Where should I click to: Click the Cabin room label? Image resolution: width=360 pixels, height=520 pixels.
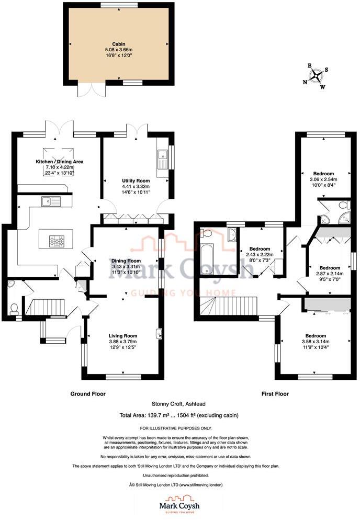[116, 44]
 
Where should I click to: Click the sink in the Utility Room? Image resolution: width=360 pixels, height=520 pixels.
[163, 154]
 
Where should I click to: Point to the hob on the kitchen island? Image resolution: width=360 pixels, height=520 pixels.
[57, 241]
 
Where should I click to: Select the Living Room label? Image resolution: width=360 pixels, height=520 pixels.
[123, 336]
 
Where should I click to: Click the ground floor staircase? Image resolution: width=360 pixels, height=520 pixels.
[44, 307]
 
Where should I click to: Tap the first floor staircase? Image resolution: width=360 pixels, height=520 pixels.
[230, 305]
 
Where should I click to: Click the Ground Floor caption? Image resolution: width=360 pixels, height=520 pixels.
[88, 393]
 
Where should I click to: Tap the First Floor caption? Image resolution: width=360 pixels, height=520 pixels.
[275, 393]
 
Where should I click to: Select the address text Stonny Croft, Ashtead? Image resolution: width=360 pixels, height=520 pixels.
[179, 404]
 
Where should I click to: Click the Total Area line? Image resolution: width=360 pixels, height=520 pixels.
[179, 415]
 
